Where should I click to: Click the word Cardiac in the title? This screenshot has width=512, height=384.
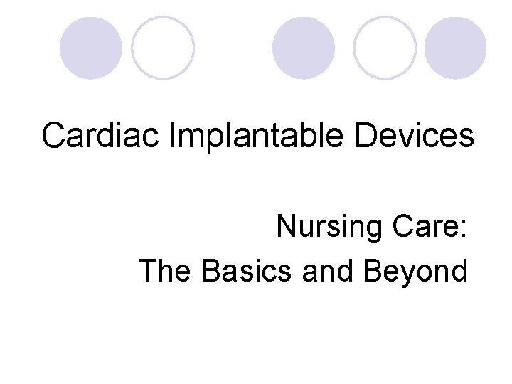coord(102,135)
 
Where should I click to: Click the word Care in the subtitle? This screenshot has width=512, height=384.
coord(424,228)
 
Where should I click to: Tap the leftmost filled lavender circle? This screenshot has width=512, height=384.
coord(90,48)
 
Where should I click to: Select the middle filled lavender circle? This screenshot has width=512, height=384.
coord(304,48)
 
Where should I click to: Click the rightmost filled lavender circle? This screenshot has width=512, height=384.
coord(455,48)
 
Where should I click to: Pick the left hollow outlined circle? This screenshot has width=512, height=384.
coord(163,48)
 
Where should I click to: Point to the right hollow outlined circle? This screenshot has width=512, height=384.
coord(385,48)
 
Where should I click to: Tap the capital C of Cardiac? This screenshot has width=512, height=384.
coord(53,135)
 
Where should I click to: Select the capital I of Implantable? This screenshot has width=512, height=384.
coord(174,135)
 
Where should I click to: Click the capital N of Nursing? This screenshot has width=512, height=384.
coord(286,228)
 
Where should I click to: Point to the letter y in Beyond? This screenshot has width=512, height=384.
coord(404,274)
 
